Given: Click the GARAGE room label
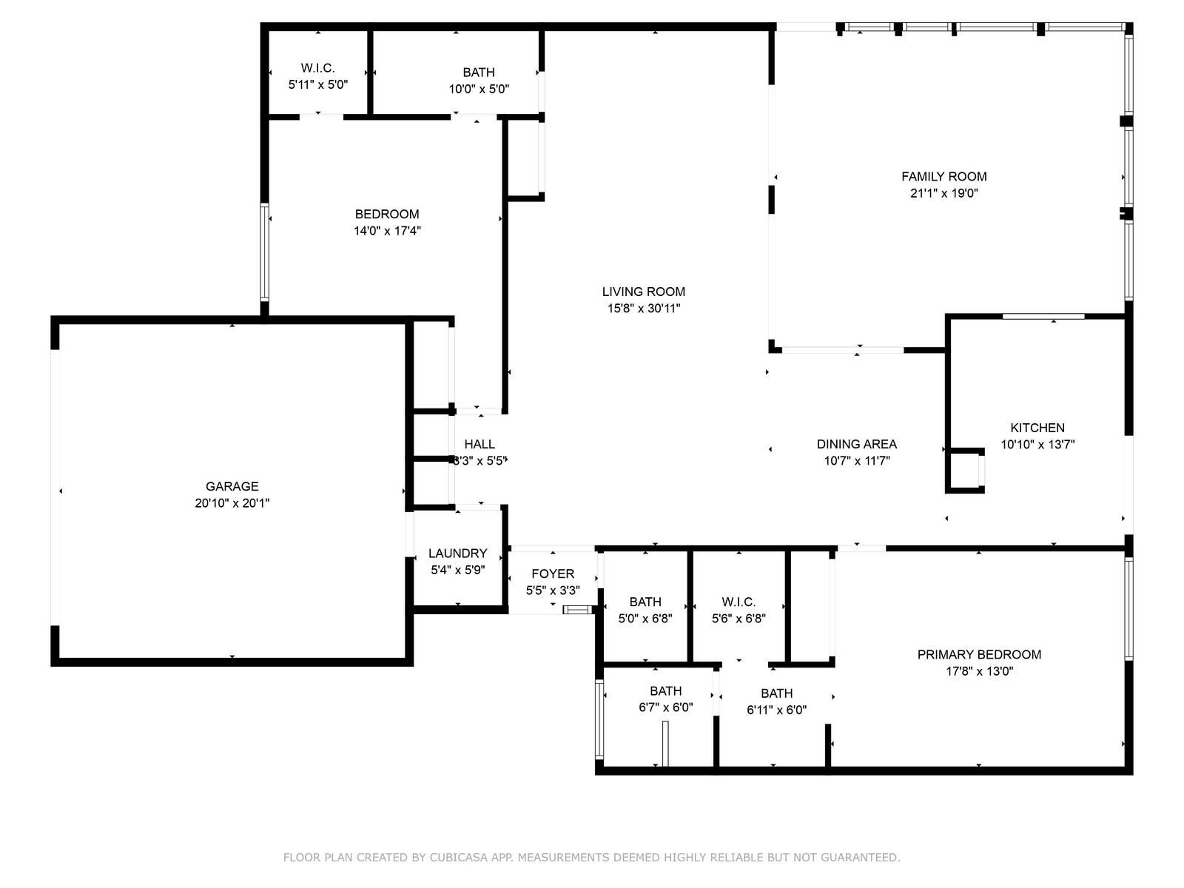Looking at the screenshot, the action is coord(232,486).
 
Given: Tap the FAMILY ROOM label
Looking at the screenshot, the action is coord(944,176).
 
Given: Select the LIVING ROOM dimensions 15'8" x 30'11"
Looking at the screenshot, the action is coord(644,309).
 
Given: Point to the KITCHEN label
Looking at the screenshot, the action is coord(1037,428).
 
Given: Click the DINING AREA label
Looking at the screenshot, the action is coord(857,444).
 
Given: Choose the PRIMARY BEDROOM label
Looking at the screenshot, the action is coord(979,655).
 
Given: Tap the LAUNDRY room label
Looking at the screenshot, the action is coord(457,554).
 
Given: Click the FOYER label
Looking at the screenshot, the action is coord(553,573).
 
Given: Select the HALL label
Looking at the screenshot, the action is coord(480,444).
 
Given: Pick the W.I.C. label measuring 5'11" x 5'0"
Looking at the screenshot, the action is coord(317,68).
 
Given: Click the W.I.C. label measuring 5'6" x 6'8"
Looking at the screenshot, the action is coord(739,602).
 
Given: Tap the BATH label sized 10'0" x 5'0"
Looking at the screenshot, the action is coord(479,73).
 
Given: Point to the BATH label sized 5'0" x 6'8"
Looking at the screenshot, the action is coord(645,602).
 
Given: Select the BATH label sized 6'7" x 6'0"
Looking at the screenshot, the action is coord(665,690).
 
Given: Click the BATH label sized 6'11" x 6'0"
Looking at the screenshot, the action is coord(777,693).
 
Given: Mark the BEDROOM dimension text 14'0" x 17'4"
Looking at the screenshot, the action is coord(387,231).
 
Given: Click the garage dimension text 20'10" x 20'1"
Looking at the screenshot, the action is coord(232,503).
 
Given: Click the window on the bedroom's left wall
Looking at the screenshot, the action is coord(264,252).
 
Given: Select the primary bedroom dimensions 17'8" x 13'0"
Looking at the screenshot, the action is coord(979,671).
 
